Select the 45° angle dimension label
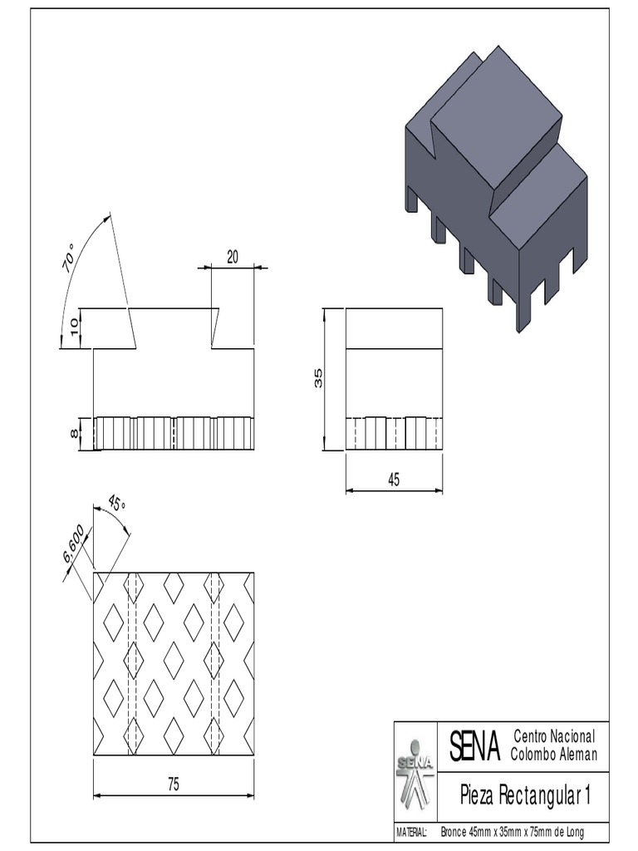pos(116,504)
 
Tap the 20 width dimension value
pos(233,258)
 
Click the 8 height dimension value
pos(74,434)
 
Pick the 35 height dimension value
pos(318,379)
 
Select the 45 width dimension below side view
pos(394,480)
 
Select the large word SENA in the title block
pos(474,746)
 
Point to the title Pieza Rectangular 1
pos(525,796)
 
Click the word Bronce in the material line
pos(454,832)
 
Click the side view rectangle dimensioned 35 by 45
pos(394,379)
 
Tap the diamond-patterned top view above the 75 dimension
pos(174,663)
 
